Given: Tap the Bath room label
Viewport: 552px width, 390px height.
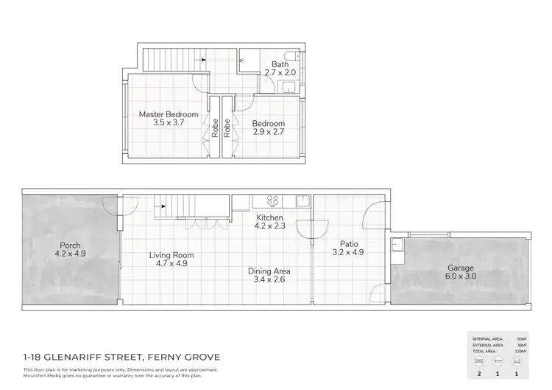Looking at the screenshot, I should coord(280,64).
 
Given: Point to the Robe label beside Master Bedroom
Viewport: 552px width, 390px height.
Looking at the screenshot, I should coord(215,130).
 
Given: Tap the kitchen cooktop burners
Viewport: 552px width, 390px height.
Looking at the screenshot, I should coord(272,200).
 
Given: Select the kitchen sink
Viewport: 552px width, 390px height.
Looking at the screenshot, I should coord(302,200).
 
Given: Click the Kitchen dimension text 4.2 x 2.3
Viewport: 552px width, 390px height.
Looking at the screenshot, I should coord(270,226).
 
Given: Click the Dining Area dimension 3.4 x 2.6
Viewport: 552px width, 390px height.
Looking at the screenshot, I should coord(269,280).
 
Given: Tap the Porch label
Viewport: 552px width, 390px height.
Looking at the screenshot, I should coord(71,246).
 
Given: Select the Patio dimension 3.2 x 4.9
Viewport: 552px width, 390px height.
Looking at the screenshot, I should coord(347,252).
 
